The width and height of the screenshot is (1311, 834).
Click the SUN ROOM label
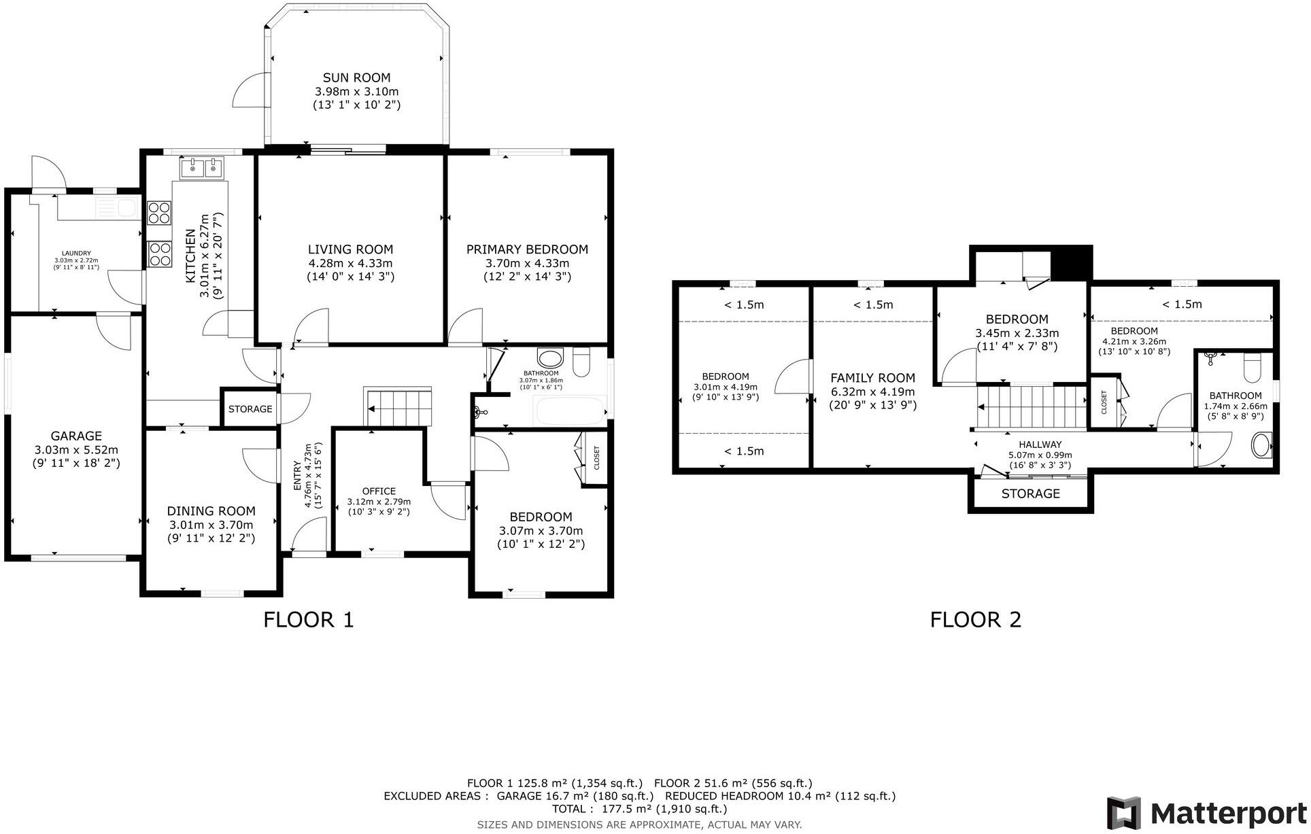coord(356,77)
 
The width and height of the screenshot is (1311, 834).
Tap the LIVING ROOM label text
coord(350,249)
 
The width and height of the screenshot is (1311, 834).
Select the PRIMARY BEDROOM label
coord(527,249)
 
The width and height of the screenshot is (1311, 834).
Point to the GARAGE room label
coord(76,436)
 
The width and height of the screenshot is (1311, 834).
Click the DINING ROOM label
coord(211,511)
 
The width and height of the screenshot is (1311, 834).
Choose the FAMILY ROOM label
coord(873,378)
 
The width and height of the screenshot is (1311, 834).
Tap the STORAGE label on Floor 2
coord(1030,493)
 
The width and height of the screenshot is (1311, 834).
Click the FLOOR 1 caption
coord(309,619)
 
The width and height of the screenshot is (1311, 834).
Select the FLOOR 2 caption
coord(976,619)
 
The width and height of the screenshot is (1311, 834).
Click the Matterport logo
coord(1206,813)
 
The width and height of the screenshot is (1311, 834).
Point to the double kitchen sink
coord(203,167)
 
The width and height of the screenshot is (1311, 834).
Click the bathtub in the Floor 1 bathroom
coord(570,411)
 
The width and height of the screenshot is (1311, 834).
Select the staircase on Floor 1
coord(398,406)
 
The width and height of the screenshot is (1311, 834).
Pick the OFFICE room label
coord(379,491)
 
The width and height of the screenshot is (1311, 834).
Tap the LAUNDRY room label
coord(76,254)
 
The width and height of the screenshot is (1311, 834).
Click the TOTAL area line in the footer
coord(639,809)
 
